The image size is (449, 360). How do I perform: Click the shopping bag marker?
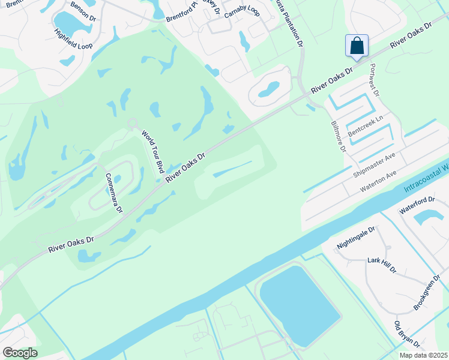(357, 46)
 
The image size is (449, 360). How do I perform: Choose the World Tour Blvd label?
(152, 151)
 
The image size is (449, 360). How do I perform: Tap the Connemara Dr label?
(113, 193)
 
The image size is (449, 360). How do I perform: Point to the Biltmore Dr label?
(339, 136)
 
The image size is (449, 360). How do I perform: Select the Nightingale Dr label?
(355, 238)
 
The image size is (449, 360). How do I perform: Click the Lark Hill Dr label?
(382, 266)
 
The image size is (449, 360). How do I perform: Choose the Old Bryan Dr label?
(406, 334)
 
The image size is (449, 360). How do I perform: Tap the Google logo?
(20, 352)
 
